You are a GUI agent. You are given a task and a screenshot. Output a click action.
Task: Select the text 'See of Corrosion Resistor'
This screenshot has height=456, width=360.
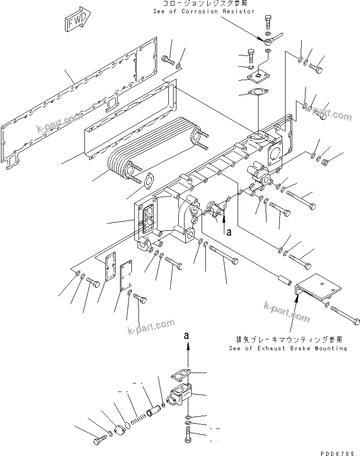point(203,11)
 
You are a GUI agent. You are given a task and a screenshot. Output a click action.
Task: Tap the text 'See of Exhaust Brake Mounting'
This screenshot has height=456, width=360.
point(287,348)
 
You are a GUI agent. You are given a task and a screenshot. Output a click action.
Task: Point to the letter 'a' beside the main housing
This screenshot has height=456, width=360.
point(230,232)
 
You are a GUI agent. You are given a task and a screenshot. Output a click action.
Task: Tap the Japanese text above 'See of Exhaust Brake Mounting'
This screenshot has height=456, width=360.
point(289,340)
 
